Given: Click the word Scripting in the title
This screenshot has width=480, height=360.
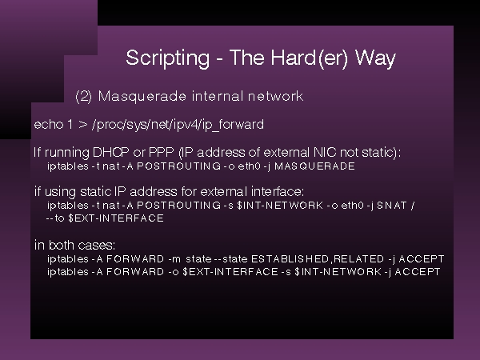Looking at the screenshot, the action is pos(168,58).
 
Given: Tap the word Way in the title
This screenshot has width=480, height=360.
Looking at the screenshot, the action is pos(375,58).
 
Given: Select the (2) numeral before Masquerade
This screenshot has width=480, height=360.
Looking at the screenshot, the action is pos(83,97).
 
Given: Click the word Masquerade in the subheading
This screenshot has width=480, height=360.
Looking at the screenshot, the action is pos(142,97).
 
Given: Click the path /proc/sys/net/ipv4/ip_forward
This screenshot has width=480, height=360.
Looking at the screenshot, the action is pos(178,126).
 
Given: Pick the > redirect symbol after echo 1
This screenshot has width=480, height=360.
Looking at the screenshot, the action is pos(82,125).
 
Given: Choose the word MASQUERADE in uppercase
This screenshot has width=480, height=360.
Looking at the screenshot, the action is pos(314,166).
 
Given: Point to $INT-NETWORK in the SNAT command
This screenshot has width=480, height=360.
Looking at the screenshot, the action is pos(280,205).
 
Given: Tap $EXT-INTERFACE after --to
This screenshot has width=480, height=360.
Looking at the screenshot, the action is pos(116,218).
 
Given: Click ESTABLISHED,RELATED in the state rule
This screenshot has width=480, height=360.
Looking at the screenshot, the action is pos(318,259).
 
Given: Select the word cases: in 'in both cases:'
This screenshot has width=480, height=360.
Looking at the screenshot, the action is pos(97,246).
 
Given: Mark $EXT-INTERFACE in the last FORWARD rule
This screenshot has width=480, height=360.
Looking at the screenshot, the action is pos(230,272).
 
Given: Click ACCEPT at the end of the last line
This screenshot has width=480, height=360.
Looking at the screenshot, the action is pos(418,272).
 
